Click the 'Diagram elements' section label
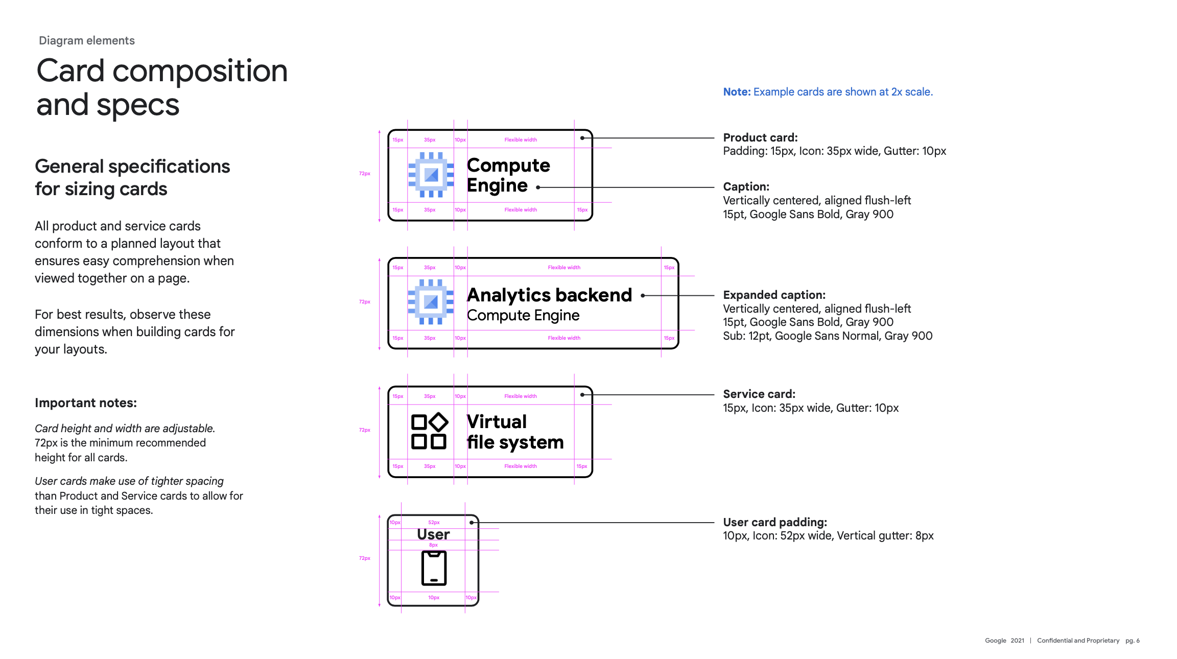[x=87, y=40]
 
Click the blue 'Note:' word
[x=737, y=92]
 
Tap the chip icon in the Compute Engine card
[x=431, y=175]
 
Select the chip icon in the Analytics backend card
[x=431, y=302]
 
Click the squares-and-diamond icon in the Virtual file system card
[x=430, y=431]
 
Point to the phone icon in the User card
[x=434, y=568]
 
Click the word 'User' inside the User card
[x=433, y=534]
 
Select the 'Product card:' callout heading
[x=760, y=137]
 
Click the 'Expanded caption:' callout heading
[x=774, y=295]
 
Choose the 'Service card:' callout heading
[x=759, y=394]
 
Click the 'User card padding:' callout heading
[x=775, y=522]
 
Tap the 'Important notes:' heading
[x=86, y=403]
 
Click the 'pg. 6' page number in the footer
[x=1133, y=641]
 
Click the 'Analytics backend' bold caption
[x=549, y=295]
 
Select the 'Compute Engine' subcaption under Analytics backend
[x=523, y=315]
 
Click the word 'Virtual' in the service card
[x=497, y=422]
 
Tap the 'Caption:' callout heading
[x=746, y=186]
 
